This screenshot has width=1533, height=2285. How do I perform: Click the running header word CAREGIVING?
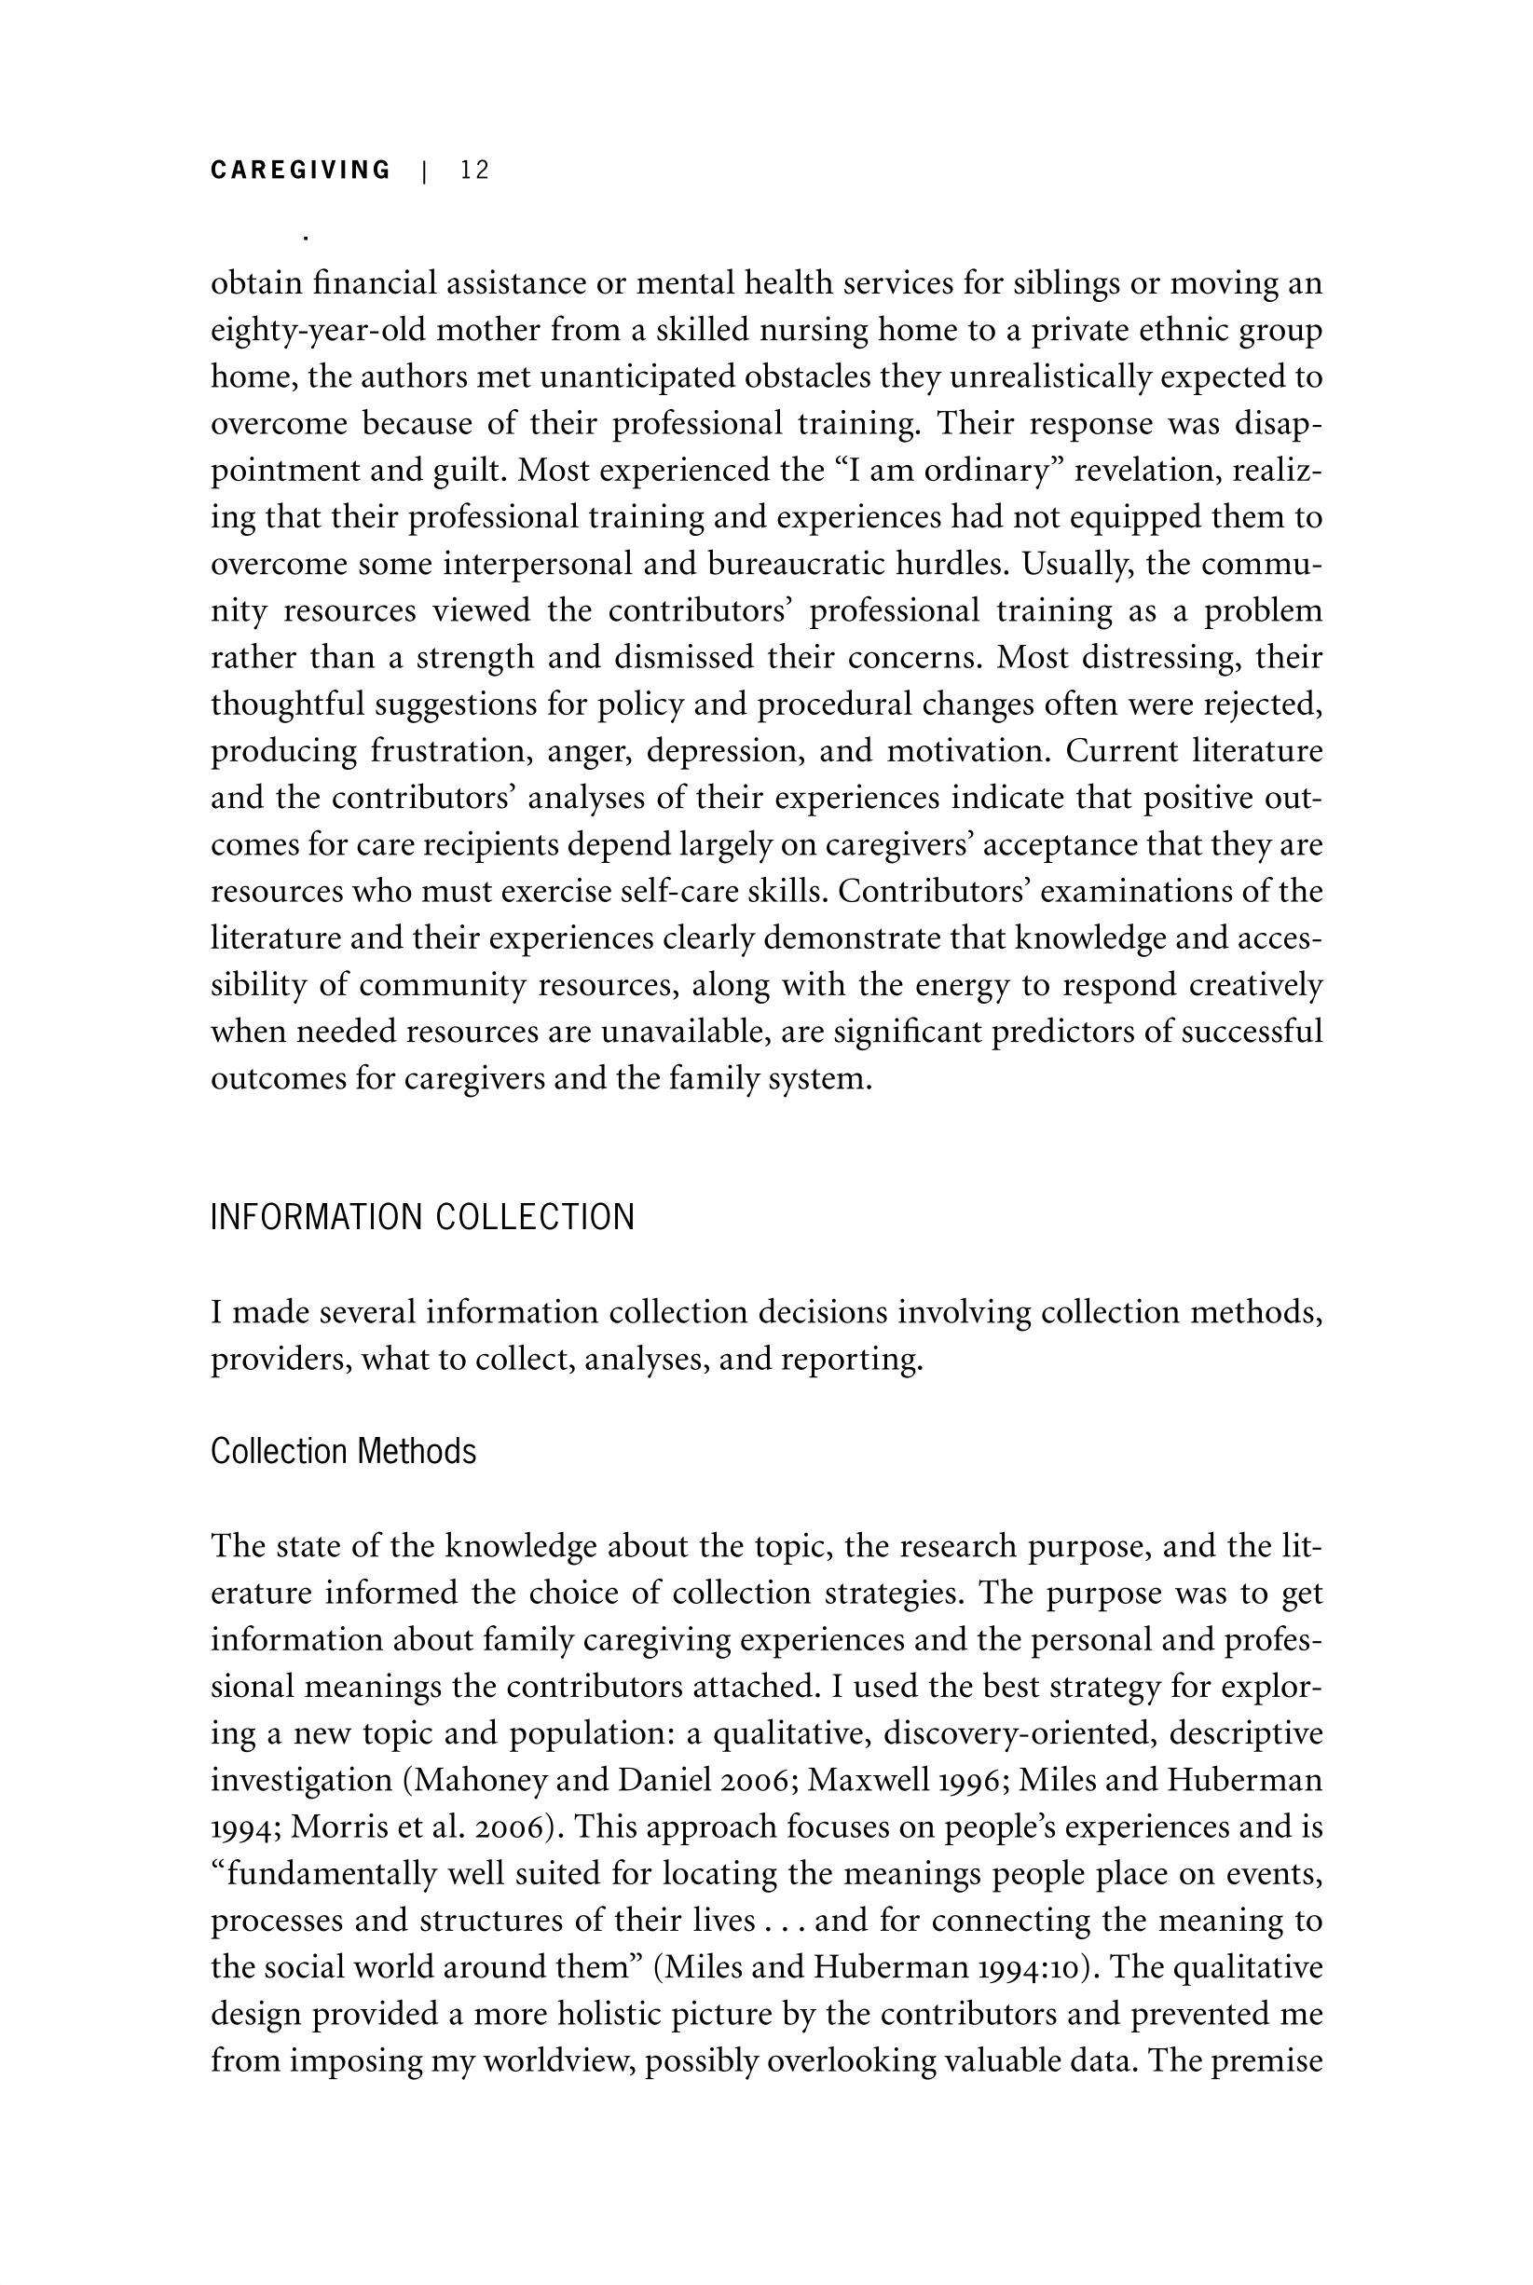coord(300,171)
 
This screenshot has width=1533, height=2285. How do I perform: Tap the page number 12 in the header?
coord(474,171)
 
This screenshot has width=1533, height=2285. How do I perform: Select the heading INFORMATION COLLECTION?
coord(422,1217)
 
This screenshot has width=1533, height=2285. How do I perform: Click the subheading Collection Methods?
coord(343,1451)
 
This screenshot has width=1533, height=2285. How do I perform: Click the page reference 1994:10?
coord(1023,1966)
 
